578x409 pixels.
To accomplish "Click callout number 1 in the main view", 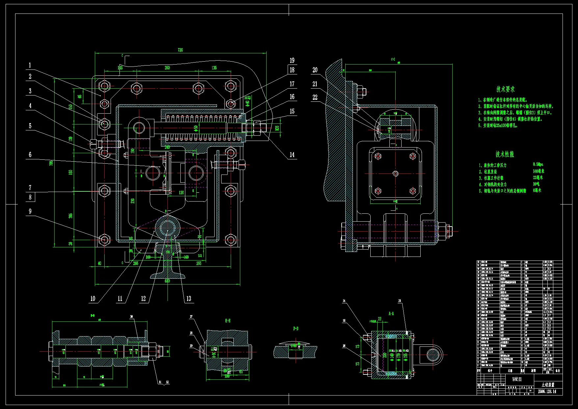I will (x=30, y=65).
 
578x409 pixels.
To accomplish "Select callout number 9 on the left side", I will (x=30, y=211).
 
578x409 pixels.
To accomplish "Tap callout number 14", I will (x=292, y=155).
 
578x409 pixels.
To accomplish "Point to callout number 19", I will (x=292, y=61).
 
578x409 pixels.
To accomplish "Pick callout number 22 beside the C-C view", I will (x=315, y=97).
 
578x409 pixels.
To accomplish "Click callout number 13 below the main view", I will (x=189, y=298).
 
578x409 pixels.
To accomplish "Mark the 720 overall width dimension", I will (x=180, y=50).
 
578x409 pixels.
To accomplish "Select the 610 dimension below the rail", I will (x=167, y=281).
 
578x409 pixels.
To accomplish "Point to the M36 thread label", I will (x=277, y=128).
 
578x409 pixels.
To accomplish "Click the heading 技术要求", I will (x=506, y=89).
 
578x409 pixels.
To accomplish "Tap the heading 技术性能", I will (x=505, y=154).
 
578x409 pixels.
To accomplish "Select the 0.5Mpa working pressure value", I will (x=538, y=164).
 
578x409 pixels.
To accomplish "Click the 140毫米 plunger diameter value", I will (x=539, y=171).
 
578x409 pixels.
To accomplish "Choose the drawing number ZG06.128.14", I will (x=547, y=392).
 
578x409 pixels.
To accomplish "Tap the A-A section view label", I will (x=391, y=314).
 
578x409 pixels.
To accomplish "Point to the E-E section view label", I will (x=227, y=320).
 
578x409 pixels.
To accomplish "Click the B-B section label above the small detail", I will (x=296, y=328).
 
